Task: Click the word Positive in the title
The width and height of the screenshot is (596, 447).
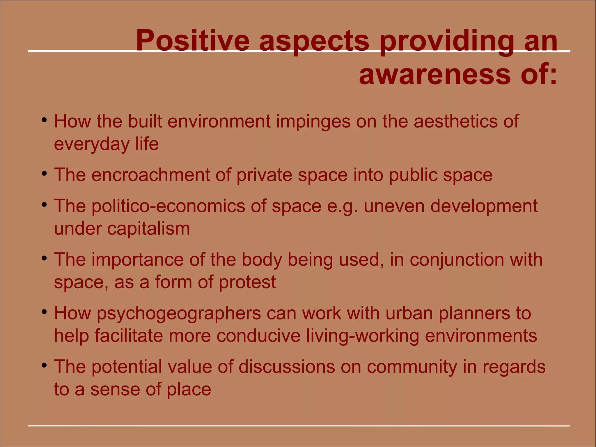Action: pos(192,41)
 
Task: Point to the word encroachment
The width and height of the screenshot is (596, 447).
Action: pos(150,175)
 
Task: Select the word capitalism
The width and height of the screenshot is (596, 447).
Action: pos(148,229)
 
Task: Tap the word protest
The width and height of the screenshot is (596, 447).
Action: pos(247,282)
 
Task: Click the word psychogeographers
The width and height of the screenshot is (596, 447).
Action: pos(179,314)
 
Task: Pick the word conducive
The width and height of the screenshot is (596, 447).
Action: pos(258,336)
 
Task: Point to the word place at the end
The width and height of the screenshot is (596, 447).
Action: pos(189,389)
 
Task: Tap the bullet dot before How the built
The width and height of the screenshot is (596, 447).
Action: pos(44,120)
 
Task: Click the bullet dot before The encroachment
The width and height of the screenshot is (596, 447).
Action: pos(44,174)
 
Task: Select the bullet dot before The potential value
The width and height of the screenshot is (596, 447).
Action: pos(44,365)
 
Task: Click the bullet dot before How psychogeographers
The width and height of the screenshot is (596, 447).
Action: pos(44,312)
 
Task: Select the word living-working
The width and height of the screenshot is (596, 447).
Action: pos(363,336)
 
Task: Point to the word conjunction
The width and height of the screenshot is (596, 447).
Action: pos(457,259)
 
